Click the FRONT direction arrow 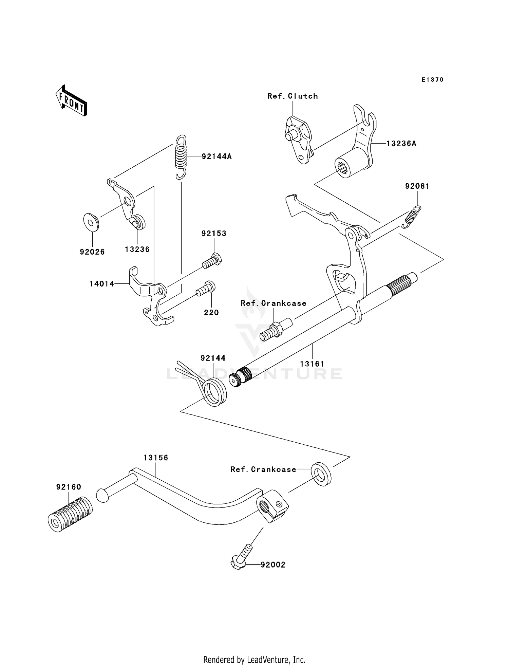click(x=71, y=101)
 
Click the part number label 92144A click(x=216, y=156)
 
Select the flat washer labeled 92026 click(x=91, y=222)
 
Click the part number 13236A click(x=401, y=144)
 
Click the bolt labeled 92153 click(x=212, y=262)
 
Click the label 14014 click(x=102, y=284)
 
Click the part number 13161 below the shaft click(x=312, y=364)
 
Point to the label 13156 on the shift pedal click(x=156, y=458)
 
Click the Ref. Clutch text click(x=293, y=96)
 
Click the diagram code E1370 click(x=432, y=80)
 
